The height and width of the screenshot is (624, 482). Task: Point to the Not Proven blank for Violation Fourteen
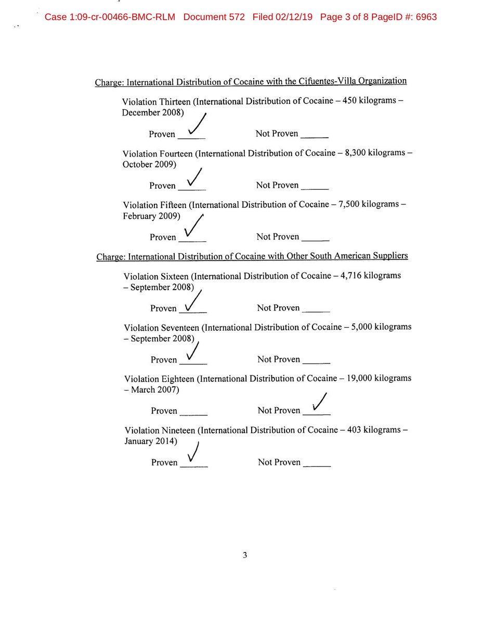[x=315, y=188]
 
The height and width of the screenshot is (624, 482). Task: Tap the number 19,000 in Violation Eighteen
[x=361, y=378]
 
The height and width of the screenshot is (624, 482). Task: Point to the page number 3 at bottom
[x=245, y=555]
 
